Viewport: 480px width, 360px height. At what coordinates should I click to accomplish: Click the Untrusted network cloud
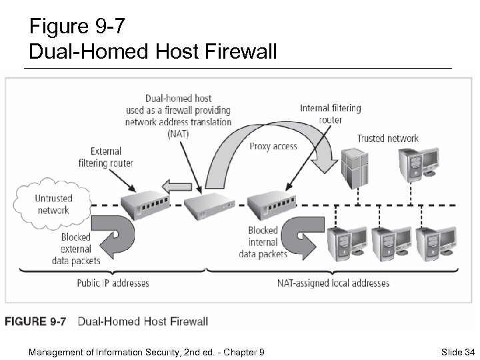click(x=53, y=203)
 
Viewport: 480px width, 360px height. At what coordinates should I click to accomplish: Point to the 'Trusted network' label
click(x=387, y=139)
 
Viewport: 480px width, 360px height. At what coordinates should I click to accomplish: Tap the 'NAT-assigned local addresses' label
click(x=333, y=283)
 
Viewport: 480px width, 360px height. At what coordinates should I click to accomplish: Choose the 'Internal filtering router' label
click(x=330, y=114)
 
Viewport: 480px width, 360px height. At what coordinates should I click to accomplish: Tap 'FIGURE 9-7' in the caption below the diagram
click(x=36, y=321)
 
